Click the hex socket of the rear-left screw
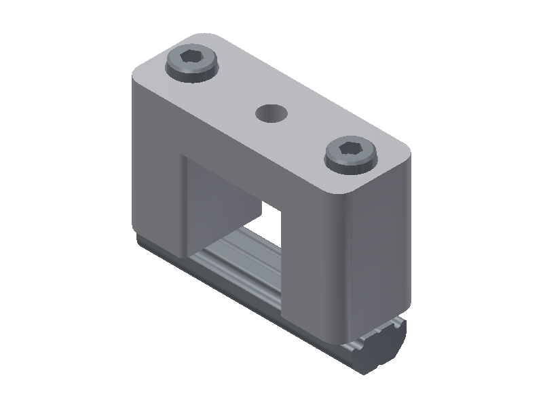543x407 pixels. pos(191,62)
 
